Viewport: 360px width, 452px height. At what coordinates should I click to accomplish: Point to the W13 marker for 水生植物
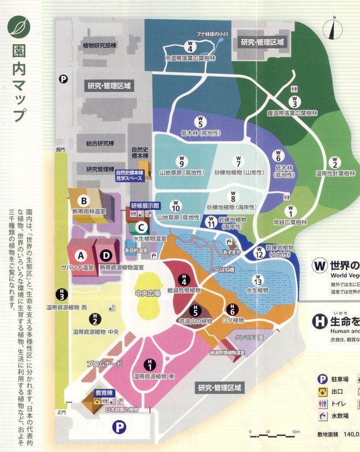[x=257, y=279]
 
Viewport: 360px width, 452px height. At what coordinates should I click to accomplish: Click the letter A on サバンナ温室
[x=81, y=255]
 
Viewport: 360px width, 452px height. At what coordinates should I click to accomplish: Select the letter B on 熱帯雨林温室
[x=84, y=200]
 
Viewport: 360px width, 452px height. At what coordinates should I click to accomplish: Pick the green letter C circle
[x=142, y=227]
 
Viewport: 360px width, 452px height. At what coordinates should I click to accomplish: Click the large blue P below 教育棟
[x=118, y=427]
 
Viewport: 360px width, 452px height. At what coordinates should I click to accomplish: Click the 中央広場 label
[x=148, y=293]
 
